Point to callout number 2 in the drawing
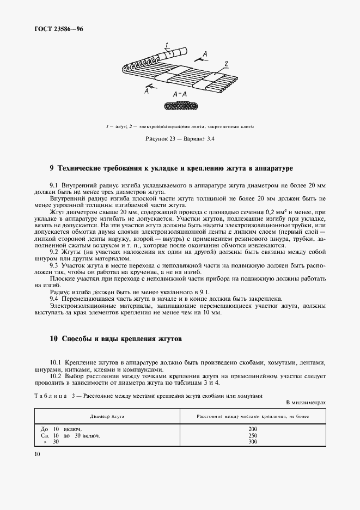226,63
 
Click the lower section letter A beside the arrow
147,92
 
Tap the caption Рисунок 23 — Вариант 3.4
180,139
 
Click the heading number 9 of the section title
52,168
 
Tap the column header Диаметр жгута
107,416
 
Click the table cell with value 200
252,429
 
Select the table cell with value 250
252,435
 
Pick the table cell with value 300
252,442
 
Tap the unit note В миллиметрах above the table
305,402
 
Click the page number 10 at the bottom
38,454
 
